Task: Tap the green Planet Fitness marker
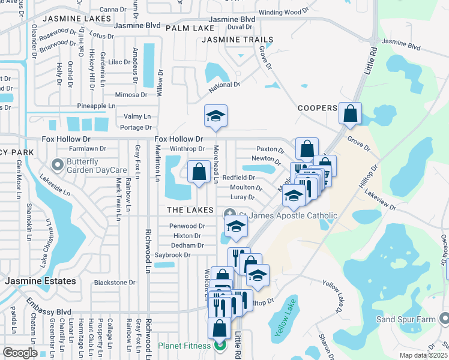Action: [220, 346]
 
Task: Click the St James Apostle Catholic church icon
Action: [229, 215]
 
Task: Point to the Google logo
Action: [20, 353]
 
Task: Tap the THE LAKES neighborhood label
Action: [190, 210]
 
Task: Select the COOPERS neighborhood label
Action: [318, 108]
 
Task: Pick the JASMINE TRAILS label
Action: [237, 40]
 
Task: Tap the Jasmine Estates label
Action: [41, 281]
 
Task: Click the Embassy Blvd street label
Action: [48, 312]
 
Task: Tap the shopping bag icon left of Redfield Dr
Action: [199, 172]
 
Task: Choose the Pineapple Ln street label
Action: [96, 106]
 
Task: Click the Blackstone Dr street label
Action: [115, 283]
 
